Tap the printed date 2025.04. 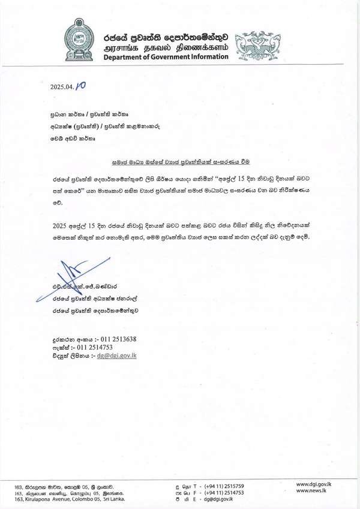click(x=62, y=86)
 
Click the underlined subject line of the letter click(x=180, y=161)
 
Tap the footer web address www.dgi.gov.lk click(x=311, y=483)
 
